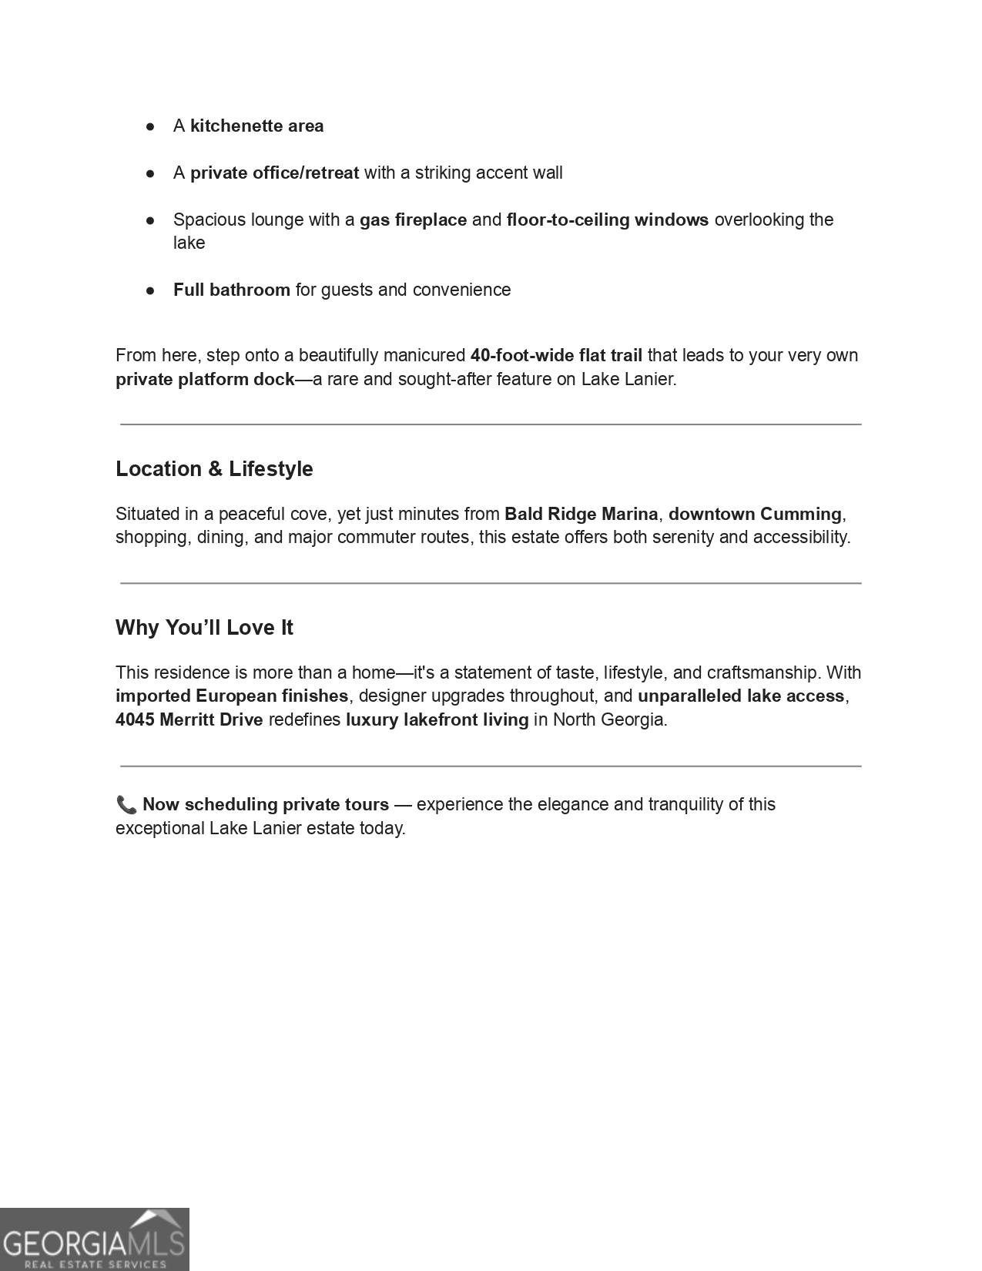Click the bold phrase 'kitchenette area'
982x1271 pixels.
tap(256, 126)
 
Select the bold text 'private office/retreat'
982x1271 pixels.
tap(274, 173)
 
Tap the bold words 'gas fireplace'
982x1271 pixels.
tap(413, 220)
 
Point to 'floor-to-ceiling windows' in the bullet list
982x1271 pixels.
tap(607, 220)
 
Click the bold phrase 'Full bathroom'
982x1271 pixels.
tap(231, 290)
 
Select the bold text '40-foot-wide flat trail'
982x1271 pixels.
tap(556, 356)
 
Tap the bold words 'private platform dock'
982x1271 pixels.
tap(205, 380)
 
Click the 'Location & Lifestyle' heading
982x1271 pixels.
tap(214, 469)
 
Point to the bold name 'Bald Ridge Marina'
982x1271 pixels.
tap(581, 515)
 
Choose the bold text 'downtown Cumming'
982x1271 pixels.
tap(755, 515)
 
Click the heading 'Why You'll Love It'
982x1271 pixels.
tap(204, 628)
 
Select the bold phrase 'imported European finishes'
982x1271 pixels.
tap(232, 696)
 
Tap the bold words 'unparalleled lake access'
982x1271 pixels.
tap(741, 696)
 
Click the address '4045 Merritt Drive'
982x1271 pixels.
tap(189, 720)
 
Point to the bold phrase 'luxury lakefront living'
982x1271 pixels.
tap(437, 720)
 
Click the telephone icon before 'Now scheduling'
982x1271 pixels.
tap(126, 805)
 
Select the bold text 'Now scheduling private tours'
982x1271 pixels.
tap(266, 805)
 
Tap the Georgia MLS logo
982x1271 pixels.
tap(94, 1239)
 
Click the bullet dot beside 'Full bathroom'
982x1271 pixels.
tap(151, 290)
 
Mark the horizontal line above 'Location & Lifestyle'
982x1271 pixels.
tap(491, 424)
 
